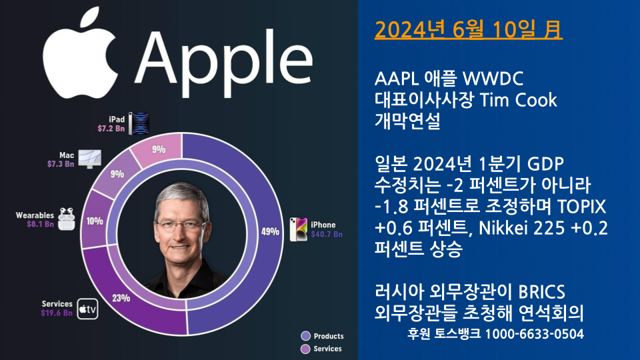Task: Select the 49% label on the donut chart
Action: click(269, 232)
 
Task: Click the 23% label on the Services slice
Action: click(121, 298)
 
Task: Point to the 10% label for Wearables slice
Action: click(95, 221)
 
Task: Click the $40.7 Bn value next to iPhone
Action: click(326, 235)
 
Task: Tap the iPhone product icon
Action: click(297, 229)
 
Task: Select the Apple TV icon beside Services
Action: click(87, 309)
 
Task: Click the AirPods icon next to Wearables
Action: click(66, 219)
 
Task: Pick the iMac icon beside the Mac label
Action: click(88, 158)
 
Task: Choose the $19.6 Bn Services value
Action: click(57, 313)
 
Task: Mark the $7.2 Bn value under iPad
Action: click(111, 128)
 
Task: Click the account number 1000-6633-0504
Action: click(534, 333)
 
